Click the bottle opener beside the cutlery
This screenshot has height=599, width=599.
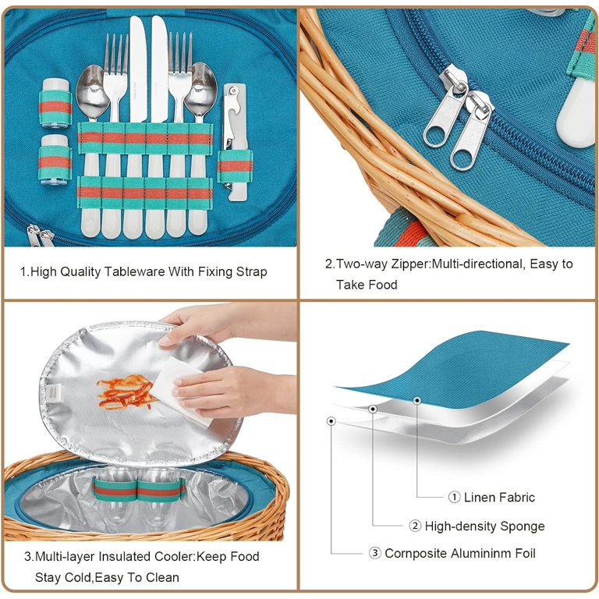pos(236,141)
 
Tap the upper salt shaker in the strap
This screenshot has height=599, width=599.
pos(55,103)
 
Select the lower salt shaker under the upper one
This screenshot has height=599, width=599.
pos(55,160)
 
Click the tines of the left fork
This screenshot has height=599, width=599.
pos(115,54)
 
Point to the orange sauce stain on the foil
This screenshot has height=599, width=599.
pos(124,392)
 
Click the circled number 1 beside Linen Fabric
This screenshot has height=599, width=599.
pos(454,497)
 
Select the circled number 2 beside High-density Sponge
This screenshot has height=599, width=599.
pos(415,526)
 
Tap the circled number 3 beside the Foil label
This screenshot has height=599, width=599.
pos(374,553)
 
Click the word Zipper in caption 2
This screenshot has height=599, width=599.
pos(411,264)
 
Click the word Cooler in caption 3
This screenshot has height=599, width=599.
pos(175,556)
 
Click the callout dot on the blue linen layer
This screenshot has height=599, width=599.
pos(417,401)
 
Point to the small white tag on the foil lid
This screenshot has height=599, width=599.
pos(53,392)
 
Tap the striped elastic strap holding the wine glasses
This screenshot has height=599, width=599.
pos(139,489)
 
